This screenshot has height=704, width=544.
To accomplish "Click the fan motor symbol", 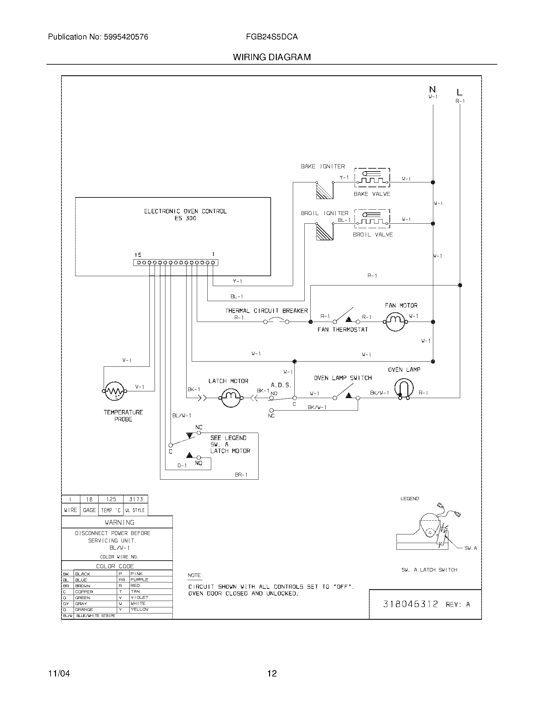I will [395, 322].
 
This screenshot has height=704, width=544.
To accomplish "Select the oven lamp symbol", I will [404, 388].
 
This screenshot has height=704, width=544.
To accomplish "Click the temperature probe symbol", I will [115, 391].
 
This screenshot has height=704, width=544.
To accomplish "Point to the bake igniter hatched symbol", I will [324, 190].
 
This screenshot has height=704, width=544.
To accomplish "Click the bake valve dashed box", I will [372, 178].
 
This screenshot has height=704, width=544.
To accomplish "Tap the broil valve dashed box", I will [372, 218].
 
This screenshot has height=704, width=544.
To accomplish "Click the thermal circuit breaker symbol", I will [276, 321].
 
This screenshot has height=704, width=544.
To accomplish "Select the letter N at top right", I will [433, 89].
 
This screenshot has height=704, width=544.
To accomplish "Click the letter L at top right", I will [460, 92].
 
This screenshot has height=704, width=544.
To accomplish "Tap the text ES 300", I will [185, 218].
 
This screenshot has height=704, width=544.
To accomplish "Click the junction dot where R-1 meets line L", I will [460, 285].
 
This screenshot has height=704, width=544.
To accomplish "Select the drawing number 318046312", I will [410, 604].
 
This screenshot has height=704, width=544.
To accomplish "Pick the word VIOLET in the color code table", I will [139, 597].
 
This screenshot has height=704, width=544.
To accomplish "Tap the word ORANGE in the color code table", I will [84, 610].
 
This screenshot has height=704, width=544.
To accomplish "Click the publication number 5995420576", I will [126, 37].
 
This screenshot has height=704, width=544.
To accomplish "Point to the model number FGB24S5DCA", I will [272, 37].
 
